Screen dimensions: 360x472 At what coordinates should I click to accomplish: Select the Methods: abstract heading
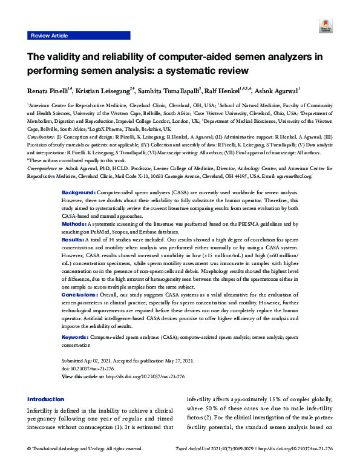point(74,207)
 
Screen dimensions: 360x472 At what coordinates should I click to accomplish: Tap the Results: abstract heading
point(73,223)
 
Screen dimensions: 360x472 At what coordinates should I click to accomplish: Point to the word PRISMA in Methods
point(234,207)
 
